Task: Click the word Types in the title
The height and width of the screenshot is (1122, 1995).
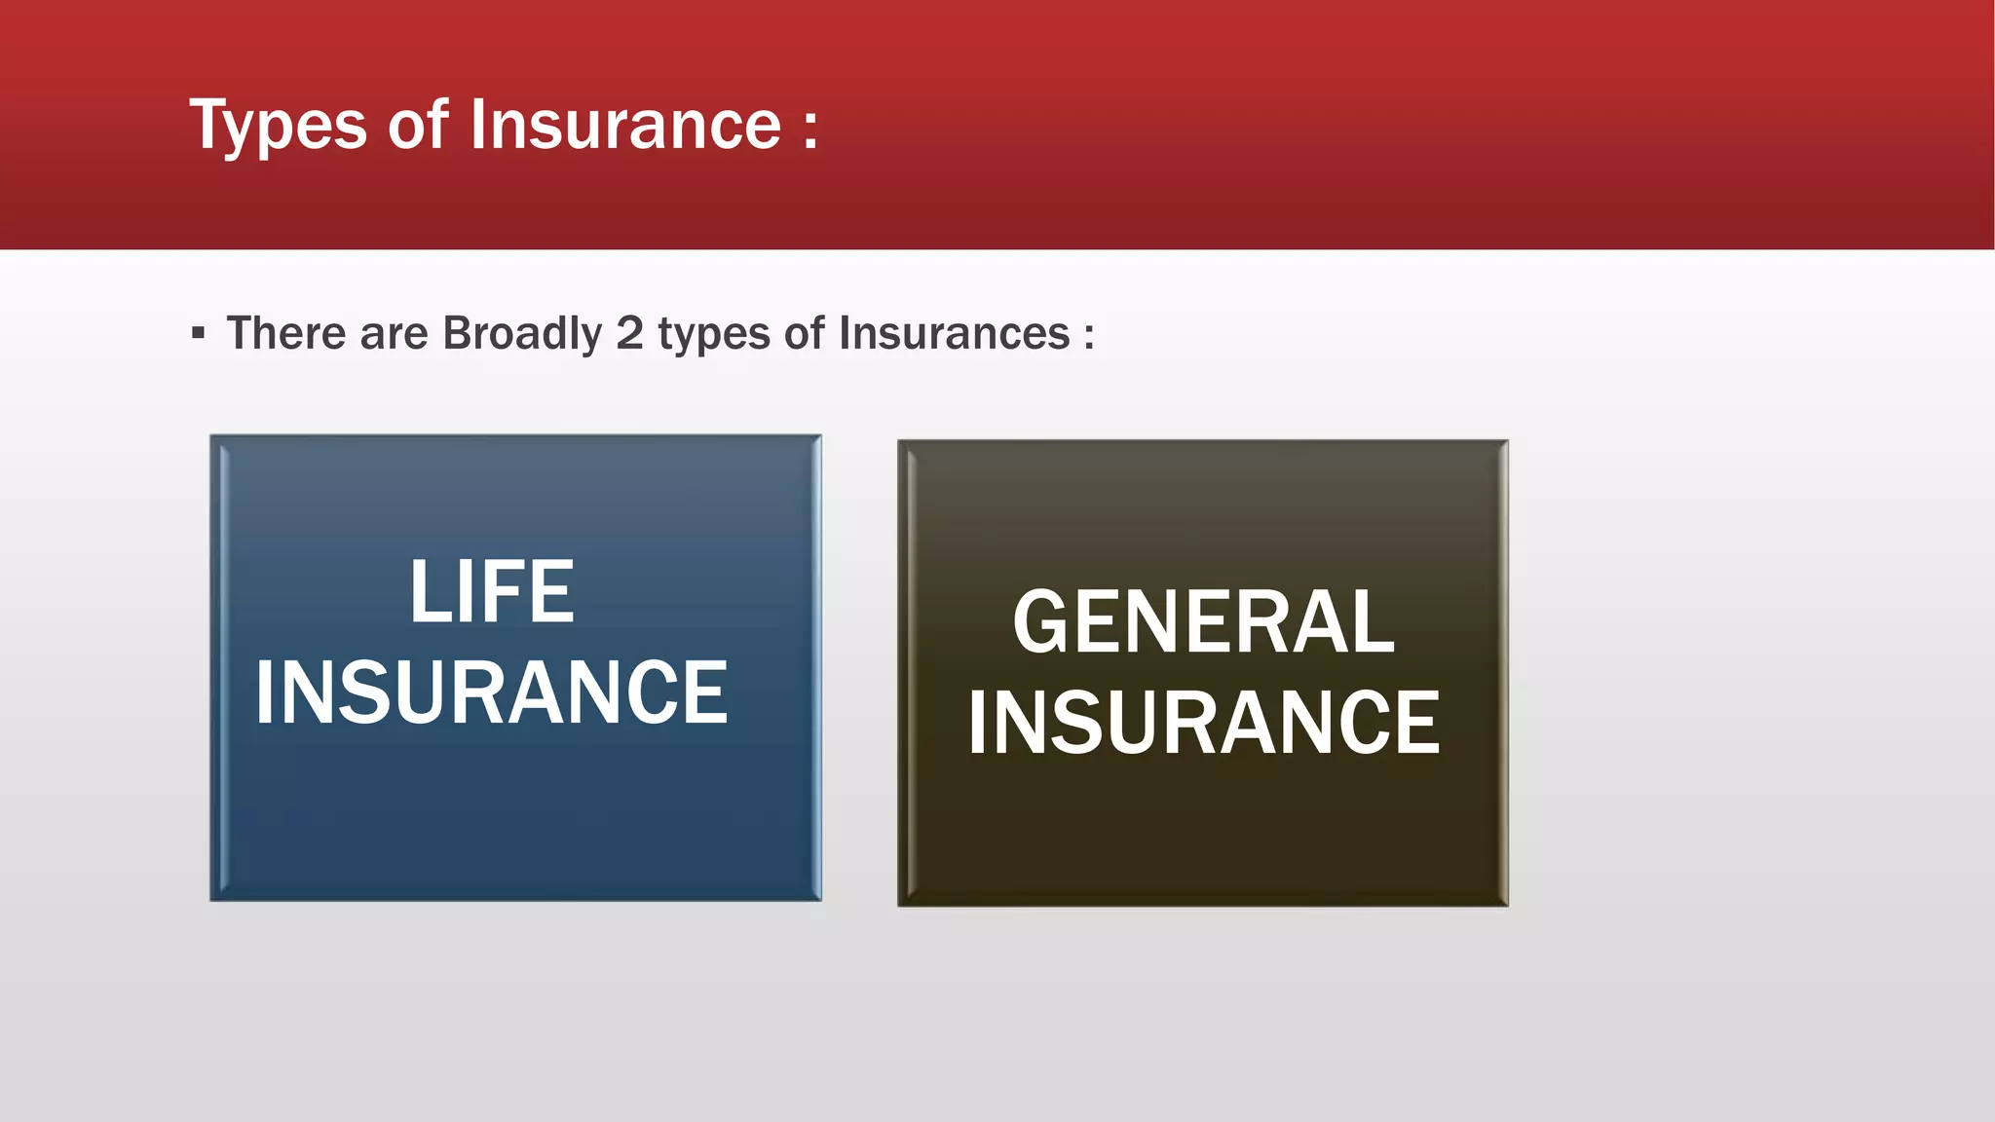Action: pyautogui.click(x=278, y=127)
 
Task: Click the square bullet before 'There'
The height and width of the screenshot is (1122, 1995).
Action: pyautogui.click(x=199, y=334)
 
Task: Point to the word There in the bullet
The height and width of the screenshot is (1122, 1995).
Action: pyautogui.click(x=286, y=333)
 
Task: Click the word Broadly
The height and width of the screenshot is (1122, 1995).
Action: pyautogui.click(x=522, y=334)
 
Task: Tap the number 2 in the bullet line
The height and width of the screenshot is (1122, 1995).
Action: pyautogui.click(x=629, y=333)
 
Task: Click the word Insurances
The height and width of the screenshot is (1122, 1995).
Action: pyautogui.click(x=954, y=333)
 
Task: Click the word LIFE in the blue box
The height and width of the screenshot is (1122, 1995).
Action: pyautogui.click(x=492, y=591)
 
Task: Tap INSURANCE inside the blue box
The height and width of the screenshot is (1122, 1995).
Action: pyautogui.click(x=491, y=692)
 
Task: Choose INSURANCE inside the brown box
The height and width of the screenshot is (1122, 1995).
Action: pyautogui.click(x=1203, y=723)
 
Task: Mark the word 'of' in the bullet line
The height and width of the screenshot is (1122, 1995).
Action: pyautogui.click(x=805, y=333)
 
